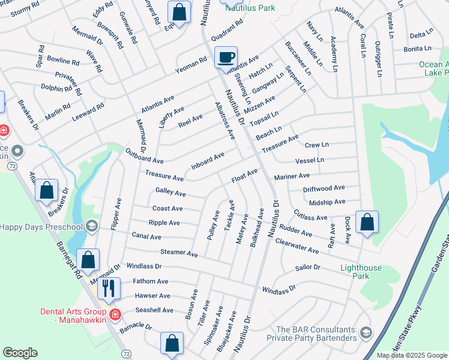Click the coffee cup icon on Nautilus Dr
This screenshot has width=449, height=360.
pyautogui.click(x=226, y=58)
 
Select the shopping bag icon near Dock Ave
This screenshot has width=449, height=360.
pyautogui.click(x=367, y=222)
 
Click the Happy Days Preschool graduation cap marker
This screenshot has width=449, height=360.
pyautogui.click(x=91, y=226)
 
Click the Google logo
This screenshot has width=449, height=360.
pyautogui.click(x=20, y=353)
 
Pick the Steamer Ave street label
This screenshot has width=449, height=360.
pyautogui.click(x=179, y=254)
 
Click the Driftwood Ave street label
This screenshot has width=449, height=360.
pyautogui.click(x=324, y=188)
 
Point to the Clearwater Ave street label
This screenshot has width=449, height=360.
pyautogui.click(x=297, y=245)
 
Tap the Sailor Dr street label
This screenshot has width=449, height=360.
pyautogui.click(x=308, y=267)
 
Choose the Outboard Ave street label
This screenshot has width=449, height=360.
pyautogui.click(x=145, y=157)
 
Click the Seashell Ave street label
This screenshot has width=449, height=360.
pyautogui.click(x=154, y=310)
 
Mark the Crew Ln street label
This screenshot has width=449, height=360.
pyautogui.click(x=317, y=145)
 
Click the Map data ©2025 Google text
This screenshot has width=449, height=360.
pyautogui.click(x=411, y=355)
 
